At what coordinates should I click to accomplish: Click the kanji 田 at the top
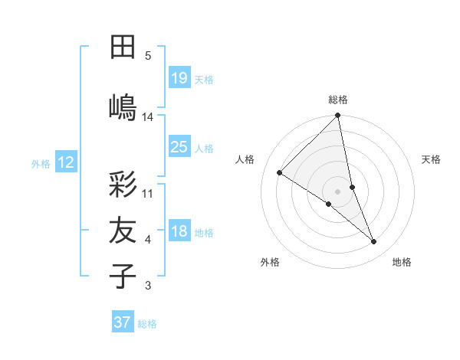123,47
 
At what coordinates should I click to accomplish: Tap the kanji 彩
123,185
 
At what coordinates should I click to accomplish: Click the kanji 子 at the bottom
123,276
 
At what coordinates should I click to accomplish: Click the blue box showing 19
179,77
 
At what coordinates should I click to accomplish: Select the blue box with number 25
179,147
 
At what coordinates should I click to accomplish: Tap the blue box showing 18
179,231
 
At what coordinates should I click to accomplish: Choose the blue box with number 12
66,162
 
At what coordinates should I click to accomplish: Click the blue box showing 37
123,322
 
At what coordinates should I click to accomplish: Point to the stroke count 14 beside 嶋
148,116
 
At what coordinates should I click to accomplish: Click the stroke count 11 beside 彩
148,193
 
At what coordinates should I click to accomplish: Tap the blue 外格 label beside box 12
41,163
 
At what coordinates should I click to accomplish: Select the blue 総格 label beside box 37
147,324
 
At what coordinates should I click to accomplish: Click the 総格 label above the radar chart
338,100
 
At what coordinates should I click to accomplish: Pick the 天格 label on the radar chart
432,159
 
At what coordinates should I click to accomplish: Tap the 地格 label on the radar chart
402,262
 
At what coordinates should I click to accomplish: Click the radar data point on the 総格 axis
338,116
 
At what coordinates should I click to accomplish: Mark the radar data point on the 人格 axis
280,172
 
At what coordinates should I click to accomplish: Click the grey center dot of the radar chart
338,191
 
